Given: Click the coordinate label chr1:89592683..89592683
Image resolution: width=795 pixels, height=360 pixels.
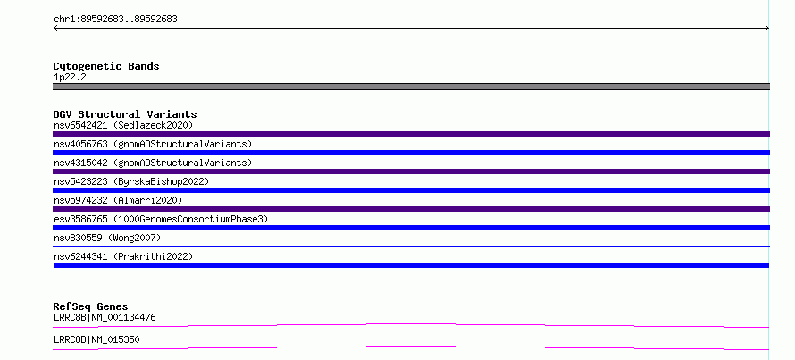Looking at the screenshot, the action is [115, 20].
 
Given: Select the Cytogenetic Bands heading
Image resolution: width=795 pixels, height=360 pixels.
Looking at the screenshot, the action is [106, 66].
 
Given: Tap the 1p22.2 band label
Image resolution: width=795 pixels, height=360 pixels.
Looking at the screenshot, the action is [70, 77].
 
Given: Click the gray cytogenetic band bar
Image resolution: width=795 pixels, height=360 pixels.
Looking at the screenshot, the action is [411, 87].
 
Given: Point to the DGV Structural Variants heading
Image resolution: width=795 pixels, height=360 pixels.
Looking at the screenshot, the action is [125, 114].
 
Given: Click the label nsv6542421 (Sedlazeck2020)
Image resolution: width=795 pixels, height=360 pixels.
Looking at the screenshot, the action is [123, 125].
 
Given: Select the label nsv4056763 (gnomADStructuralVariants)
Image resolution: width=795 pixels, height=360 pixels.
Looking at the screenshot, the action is [153, 144].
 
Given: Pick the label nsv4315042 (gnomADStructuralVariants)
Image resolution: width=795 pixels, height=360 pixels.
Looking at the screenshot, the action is [153, 163].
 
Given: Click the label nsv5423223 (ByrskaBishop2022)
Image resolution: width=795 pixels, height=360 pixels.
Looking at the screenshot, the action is [131, 181].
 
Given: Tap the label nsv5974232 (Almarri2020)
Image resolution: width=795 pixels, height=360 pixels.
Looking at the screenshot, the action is [118, 200].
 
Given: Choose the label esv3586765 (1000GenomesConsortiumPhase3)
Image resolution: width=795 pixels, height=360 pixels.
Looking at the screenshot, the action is [161, 219].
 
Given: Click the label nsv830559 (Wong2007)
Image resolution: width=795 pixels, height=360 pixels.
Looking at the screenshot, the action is [107, 238].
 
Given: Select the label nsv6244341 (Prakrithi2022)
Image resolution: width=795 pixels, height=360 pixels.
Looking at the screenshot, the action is [123, 256].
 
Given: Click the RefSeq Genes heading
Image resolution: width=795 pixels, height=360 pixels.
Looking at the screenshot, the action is [90, 306].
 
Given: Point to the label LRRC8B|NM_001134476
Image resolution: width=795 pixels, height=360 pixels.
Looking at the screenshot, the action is [105, 317].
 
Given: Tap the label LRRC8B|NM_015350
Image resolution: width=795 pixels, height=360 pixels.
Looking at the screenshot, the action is [96, 339].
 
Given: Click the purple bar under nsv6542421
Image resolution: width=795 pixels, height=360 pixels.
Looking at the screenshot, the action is [411, 134].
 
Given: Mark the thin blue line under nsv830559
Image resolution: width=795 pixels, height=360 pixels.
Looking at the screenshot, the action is [411, 246].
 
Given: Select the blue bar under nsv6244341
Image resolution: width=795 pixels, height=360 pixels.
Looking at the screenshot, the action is [411, 265].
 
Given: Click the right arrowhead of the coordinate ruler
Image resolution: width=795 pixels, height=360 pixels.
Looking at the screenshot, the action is [768, 29].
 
